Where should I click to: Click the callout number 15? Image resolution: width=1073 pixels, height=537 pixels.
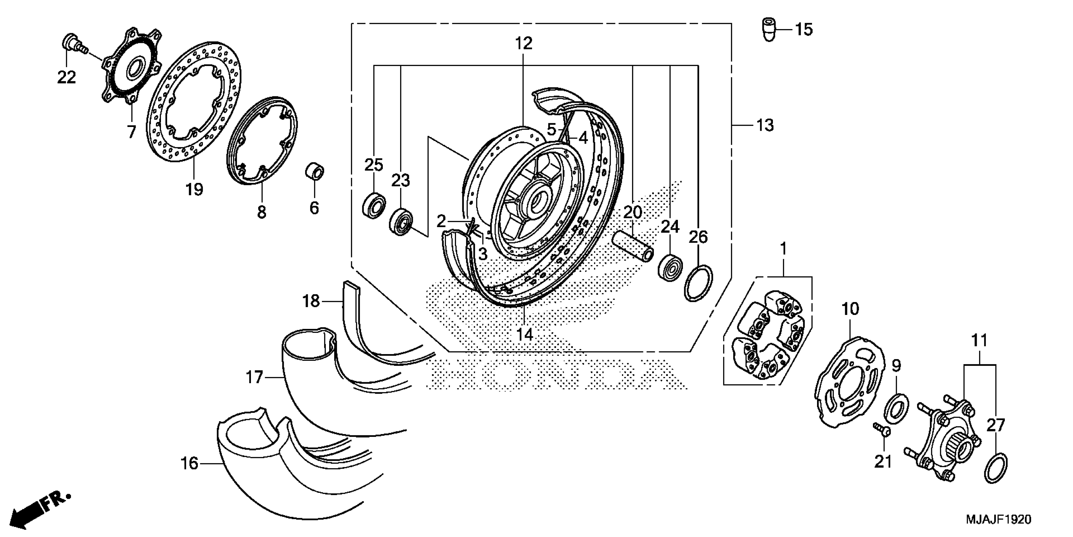[803, 30]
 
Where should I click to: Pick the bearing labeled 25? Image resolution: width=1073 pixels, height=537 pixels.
[373, 205]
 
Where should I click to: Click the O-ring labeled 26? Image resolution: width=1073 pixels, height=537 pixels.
[698, 282]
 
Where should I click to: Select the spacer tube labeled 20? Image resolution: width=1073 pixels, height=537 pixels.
[632, 249]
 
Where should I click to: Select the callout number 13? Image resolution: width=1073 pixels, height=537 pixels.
[765, 125]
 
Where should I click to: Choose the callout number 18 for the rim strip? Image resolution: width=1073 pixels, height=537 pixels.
[311, 301]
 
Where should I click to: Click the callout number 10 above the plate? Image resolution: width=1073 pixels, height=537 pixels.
[850, 309]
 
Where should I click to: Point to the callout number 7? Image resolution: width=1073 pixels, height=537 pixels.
[131, 132]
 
